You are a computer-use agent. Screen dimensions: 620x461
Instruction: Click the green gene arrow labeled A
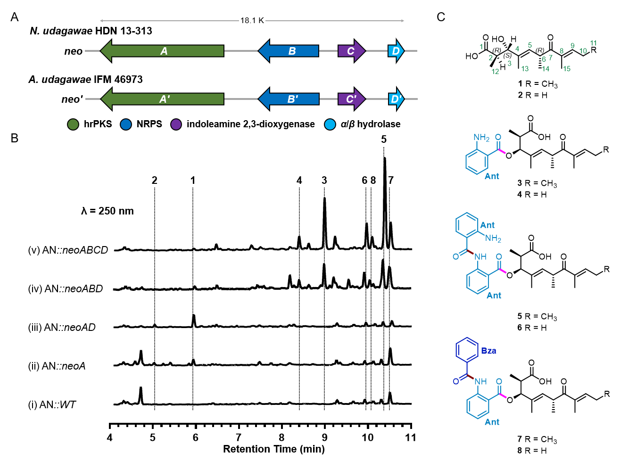point(162,51)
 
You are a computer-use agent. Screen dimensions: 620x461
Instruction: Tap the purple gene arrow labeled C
point(352,51)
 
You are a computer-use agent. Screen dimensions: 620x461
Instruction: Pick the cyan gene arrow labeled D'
point(397,99)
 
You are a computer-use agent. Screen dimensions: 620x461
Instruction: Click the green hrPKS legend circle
point(73,124)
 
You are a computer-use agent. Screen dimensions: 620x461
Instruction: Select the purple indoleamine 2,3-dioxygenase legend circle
point(176,124)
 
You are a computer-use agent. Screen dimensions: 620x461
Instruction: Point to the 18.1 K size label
point(252,21)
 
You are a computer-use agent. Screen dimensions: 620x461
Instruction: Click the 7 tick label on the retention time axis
point(239,437)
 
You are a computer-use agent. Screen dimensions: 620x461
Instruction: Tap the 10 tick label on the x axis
point(368,437)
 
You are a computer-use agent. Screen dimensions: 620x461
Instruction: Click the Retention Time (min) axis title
point(274,449)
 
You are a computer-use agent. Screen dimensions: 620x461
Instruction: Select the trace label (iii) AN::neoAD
point(62,327)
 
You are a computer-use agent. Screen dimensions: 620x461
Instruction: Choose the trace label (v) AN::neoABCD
point(68,250)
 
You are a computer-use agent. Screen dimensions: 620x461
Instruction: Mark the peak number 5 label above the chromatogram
point(384,139)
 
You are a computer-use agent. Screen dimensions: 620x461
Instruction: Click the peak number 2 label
point(155,181)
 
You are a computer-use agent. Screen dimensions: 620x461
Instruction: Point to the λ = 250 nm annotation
point(107,211)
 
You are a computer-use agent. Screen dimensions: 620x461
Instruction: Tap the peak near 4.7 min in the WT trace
point(141,395)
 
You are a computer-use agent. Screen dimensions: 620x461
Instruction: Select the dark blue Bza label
point(488,351)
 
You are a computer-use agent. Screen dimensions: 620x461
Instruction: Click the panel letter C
point(441,17)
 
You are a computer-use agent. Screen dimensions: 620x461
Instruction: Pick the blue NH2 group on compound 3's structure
point(481,138)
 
